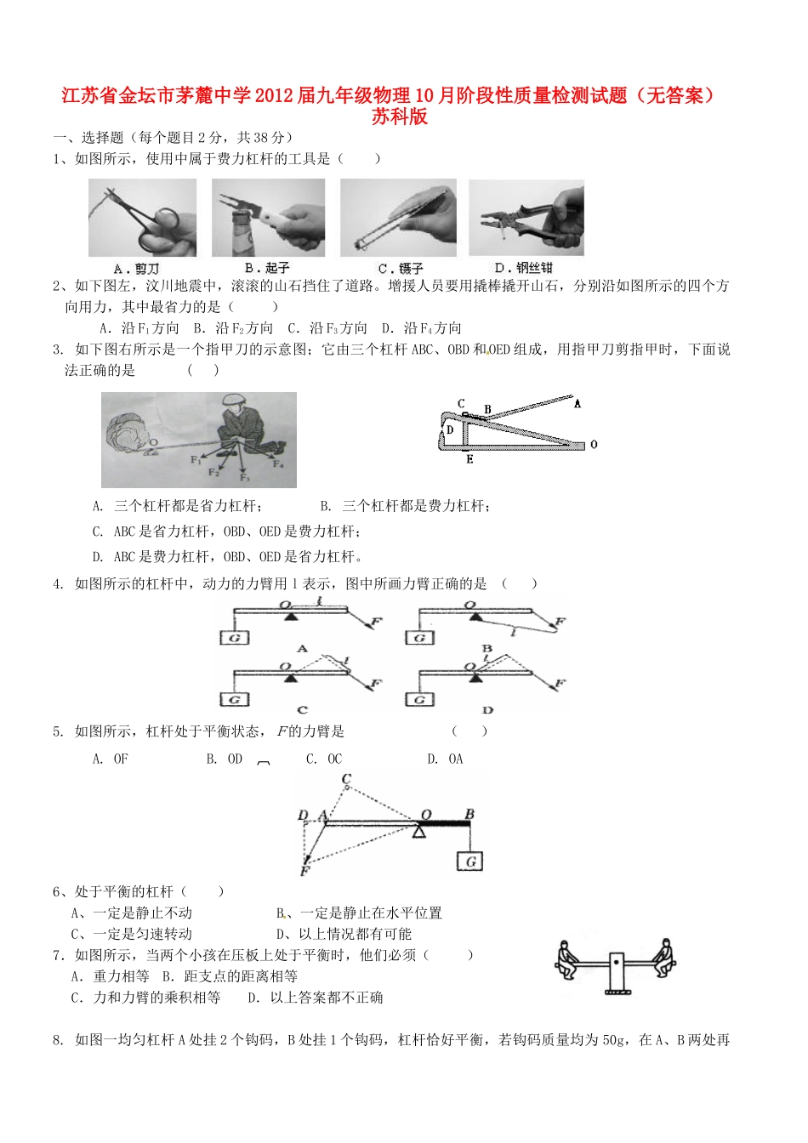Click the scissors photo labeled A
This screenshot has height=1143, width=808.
(x=142, y=218)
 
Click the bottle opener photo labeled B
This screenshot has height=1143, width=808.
(x=268, y=218)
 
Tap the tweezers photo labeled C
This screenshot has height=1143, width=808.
(x=398, y=218)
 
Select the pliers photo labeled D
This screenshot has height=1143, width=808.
(x=526, y=218)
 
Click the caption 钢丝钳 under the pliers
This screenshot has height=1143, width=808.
(x=534, y=268)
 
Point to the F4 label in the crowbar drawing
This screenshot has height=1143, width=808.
(x=277, y=463)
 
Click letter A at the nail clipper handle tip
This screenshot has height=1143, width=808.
(x=578, y=404)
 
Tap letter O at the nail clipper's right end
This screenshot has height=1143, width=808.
(x=594, y=444)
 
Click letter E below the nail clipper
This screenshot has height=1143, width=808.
(x=469, y=460)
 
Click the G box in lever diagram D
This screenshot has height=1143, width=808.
(x=418, y=699)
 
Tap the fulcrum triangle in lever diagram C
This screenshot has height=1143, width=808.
(x=291, y=678)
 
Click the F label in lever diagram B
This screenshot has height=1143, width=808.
(x=560, y=622)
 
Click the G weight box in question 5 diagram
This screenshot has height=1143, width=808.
(x=469, y=861)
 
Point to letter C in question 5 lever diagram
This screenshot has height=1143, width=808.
(x=346, y=779)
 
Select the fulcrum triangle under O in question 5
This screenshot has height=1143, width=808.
(x=418, y=831)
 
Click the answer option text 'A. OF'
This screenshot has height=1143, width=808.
(x=111, y=759)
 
